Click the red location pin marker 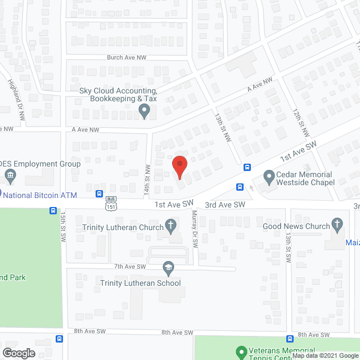point(179,166)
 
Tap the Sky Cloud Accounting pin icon point(145,112)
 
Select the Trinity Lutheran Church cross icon point(170,226)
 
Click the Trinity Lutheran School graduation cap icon point(168,266)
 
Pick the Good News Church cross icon point(337,226)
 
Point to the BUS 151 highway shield point(110,203)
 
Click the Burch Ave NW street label point(127,57)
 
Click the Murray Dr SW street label point(195,229)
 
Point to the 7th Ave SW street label point(129,266)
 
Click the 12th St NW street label point(300,122)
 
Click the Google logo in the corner point(18,353)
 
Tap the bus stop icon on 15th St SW point(52,211)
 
